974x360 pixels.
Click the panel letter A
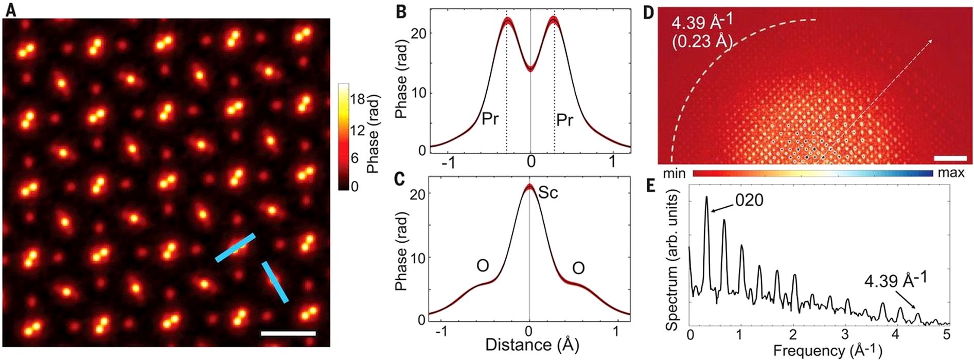(x=10, y=10)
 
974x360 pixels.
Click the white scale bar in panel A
(x=288, y=334)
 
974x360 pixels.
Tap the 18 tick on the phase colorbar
(x=358, y=99)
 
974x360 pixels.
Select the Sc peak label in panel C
(x=548, y=193)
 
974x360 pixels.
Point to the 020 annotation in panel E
(x=749, y=200)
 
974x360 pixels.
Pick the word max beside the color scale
(x=951, y=173)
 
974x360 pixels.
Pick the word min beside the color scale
(x=674, y=173)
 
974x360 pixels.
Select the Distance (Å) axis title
(x=532, y=345)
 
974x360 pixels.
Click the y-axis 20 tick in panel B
(x=419, y=33)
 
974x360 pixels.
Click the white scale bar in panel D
(x=944, y=157)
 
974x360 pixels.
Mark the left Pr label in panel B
(x=490, y=119)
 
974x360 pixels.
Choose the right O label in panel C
(x=578, y=268)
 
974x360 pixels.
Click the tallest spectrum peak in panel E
(x=706, y=197)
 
